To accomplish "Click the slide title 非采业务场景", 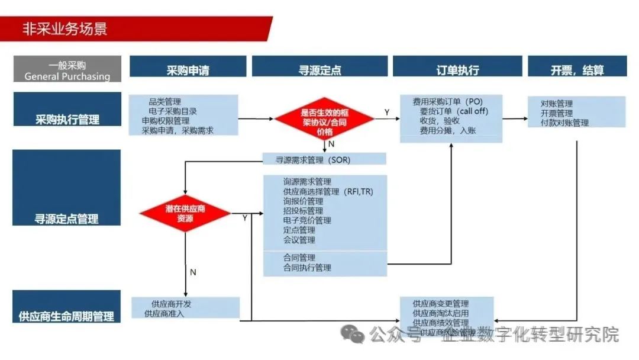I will pyautogui.click(x=64, y=28).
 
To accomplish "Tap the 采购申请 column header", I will pyautogui.click(x=188, y=69).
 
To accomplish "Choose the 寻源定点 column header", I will pyautogui.click(x=319, y=69).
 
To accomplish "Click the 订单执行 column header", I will pyautogui.click(x=457, y=69).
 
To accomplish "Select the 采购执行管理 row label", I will pyautogui.click(x=67, y=119).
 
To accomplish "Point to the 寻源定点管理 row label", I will pyautogui.click(x=67, y=218).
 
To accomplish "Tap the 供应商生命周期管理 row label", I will pyautogui.click(x=66, y=315).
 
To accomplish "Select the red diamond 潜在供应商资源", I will pyautogui.click(x=185, y=213).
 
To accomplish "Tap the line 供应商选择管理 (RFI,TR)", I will pyautogui.click(x=328, y=191).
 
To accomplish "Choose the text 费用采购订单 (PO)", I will pyautogui.click(x=448, y=102).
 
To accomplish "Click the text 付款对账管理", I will pyautogui.click(x=564, y=123).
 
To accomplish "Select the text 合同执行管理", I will pyautogui.click(x=307, y=268).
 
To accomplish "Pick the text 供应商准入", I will pyautogui.click(x=164, y=313).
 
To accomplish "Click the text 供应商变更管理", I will pyautogui.click(x=441, y=304).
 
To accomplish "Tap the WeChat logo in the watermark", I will pyautogui.click(x=356, y=335).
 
